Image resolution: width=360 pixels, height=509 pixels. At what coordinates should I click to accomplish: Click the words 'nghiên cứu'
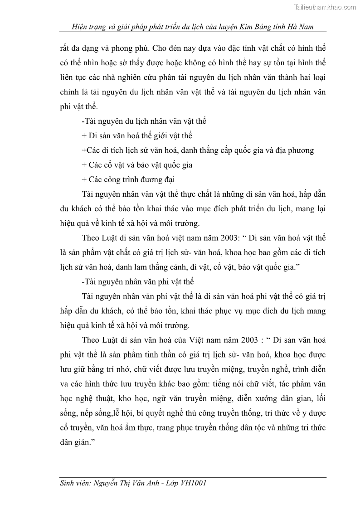click(x=137, y=78)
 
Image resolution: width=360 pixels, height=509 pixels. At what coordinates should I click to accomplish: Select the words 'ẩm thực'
click(x=123, y=427)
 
